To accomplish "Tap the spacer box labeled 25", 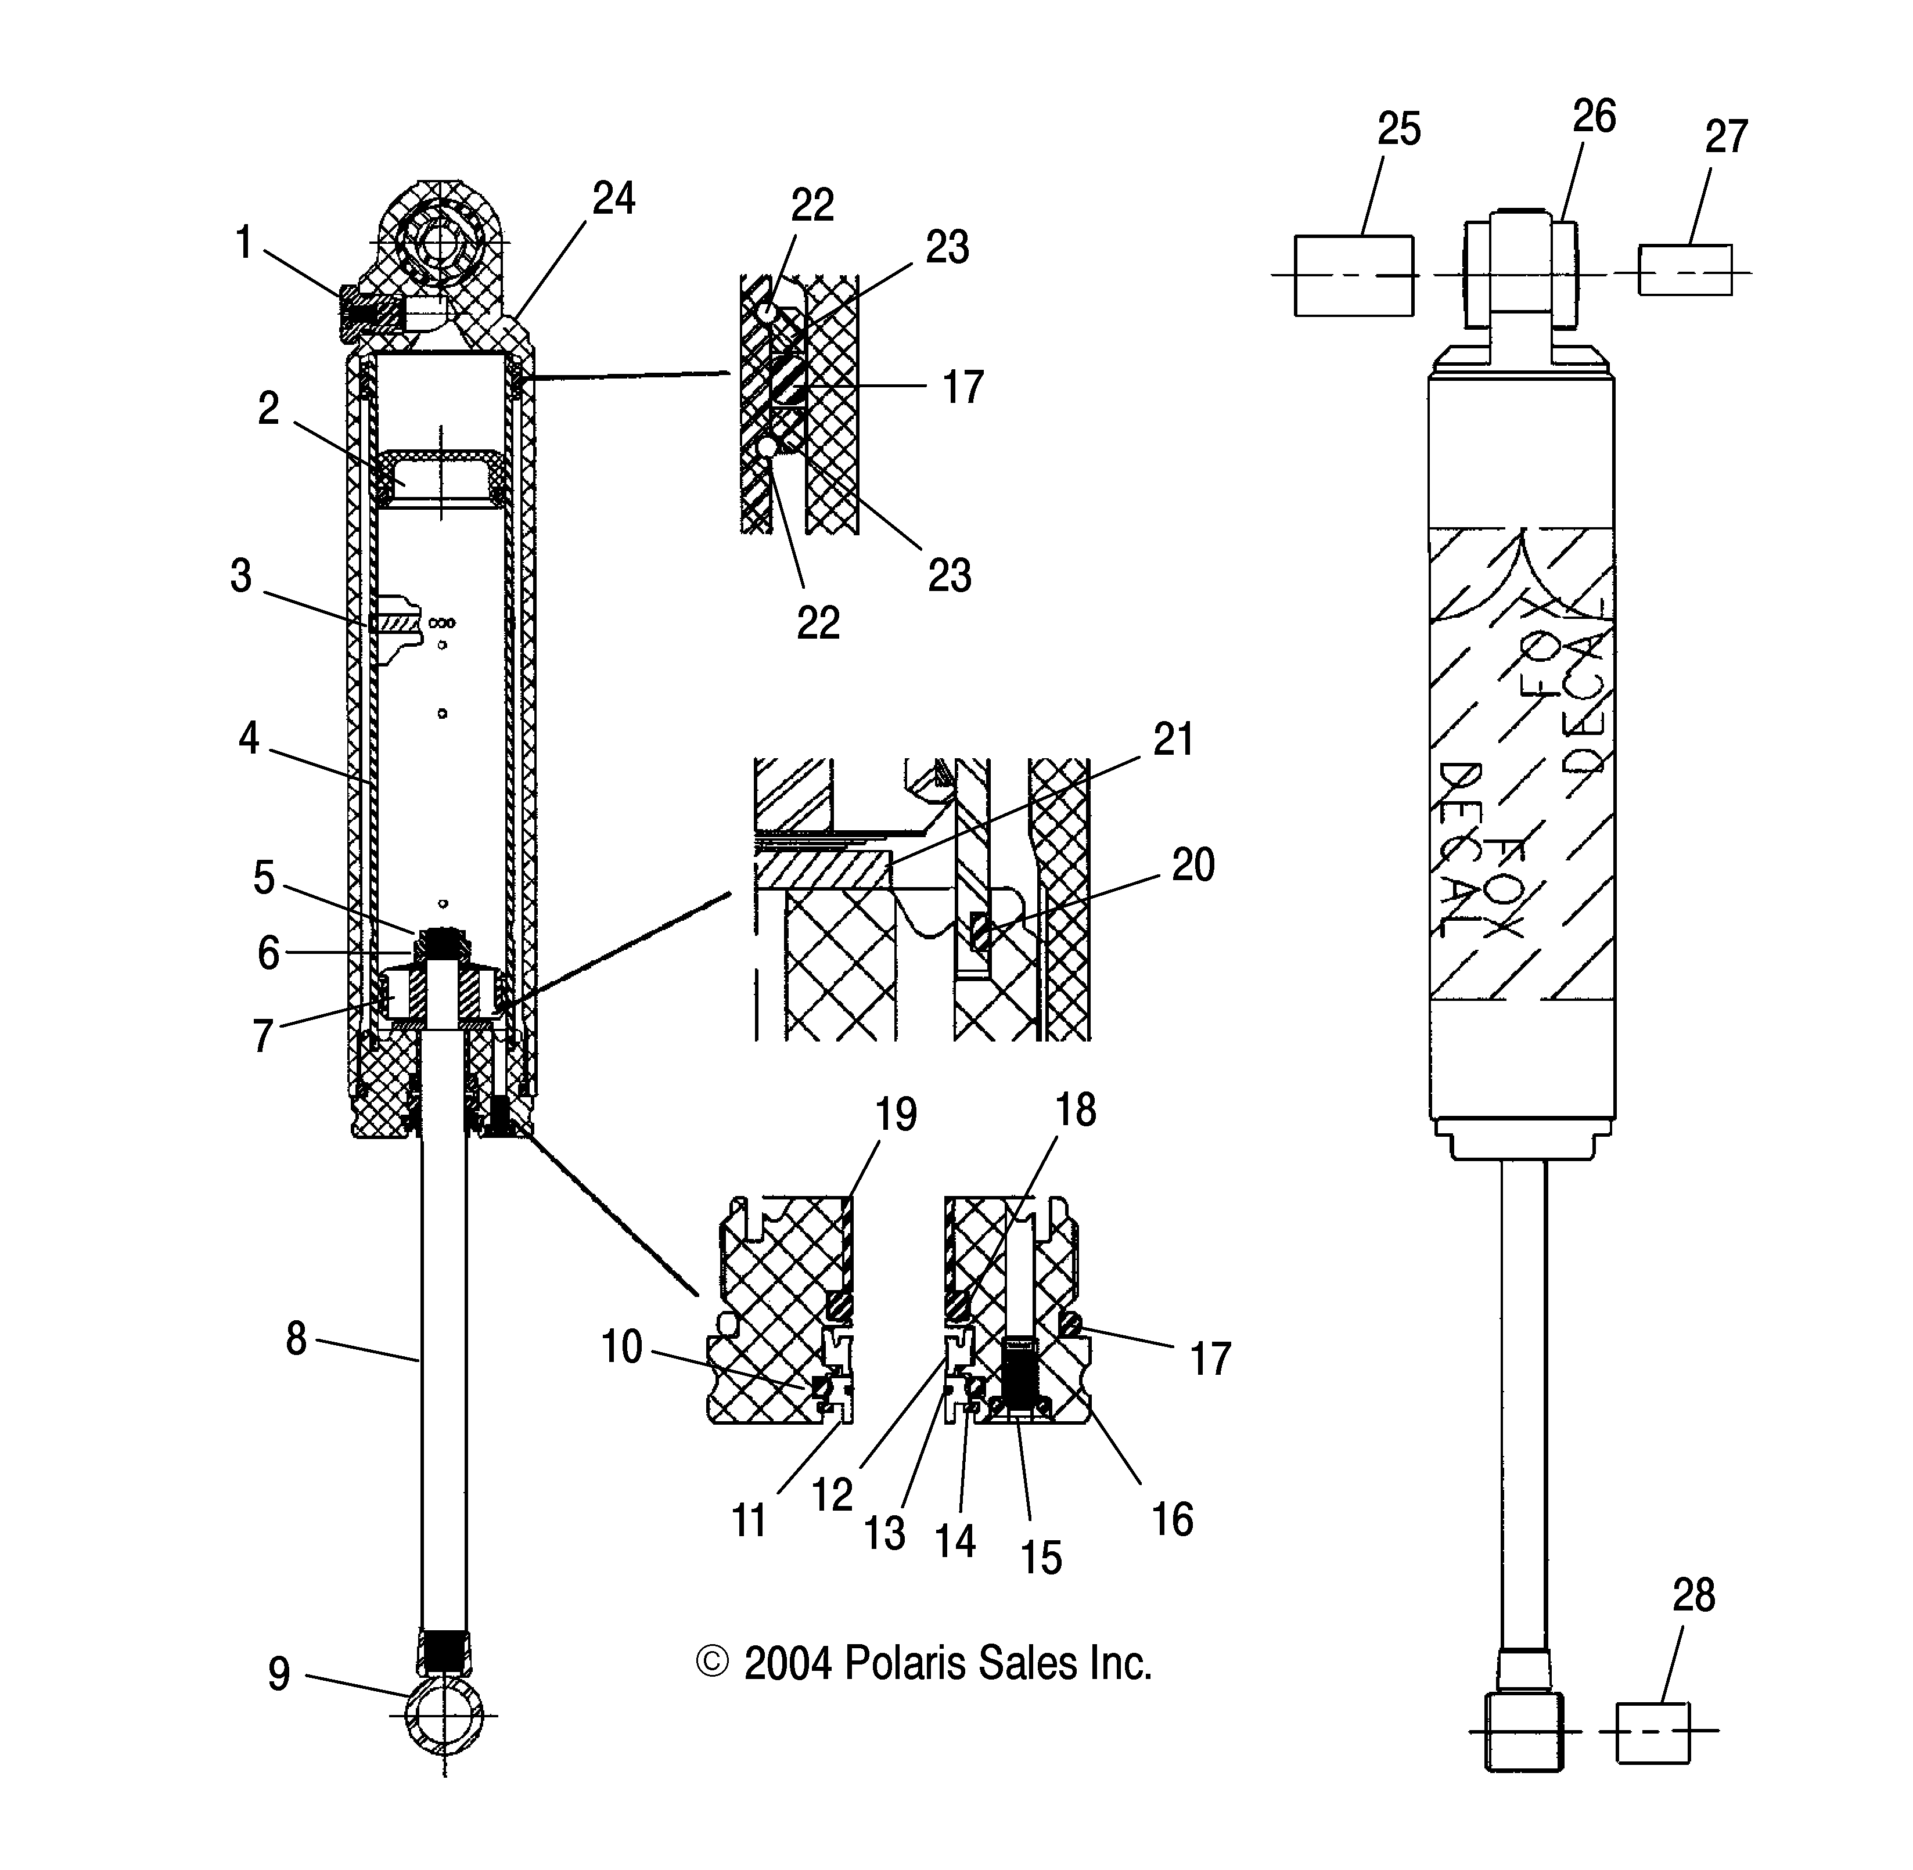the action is pos(1354,276).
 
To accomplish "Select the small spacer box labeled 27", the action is pos(1685,270).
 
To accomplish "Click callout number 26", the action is pos(1594,117).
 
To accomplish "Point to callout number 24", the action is pos(614,199).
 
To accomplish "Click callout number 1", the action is pos(244,243).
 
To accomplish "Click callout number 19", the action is pos(895,1115).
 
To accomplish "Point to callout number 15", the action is pos(1041,1558).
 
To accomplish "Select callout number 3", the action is pos(240,577).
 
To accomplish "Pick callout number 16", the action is pos(1172,1520).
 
